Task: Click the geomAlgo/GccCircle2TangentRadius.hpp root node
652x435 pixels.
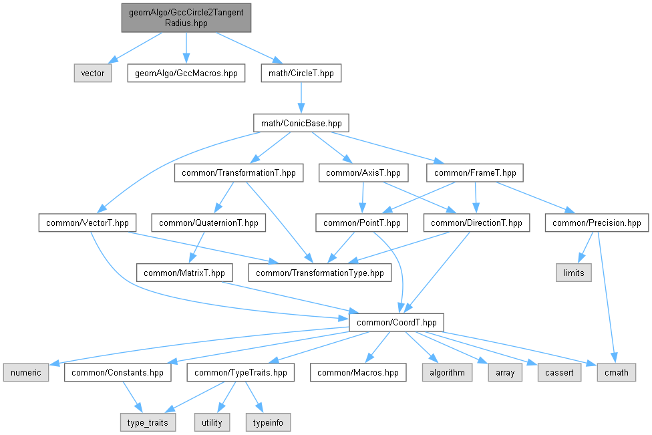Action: pos(186,18)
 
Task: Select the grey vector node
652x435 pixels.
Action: pos(92,73)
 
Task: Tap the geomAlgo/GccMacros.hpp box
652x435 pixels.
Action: pos(186,73)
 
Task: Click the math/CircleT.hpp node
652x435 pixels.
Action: pos(301,73)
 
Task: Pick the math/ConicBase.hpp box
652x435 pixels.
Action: pos(301,123)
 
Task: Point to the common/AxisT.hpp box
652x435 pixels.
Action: pos(363,173)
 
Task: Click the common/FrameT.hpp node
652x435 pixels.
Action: pos(475,173)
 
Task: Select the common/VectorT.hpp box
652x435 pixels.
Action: pos(88,223)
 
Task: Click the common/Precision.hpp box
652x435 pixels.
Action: pos(597,223)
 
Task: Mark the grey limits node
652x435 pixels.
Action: pos(574,273)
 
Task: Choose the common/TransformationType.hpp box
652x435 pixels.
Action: pos(320,273)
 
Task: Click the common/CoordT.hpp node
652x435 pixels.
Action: pos(397,322)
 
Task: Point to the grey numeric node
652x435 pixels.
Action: pos(26,372)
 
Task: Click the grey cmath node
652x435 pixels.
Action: pos(616,372)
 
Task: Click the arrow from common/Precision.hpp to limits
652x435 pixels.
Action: pos(584,249)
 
